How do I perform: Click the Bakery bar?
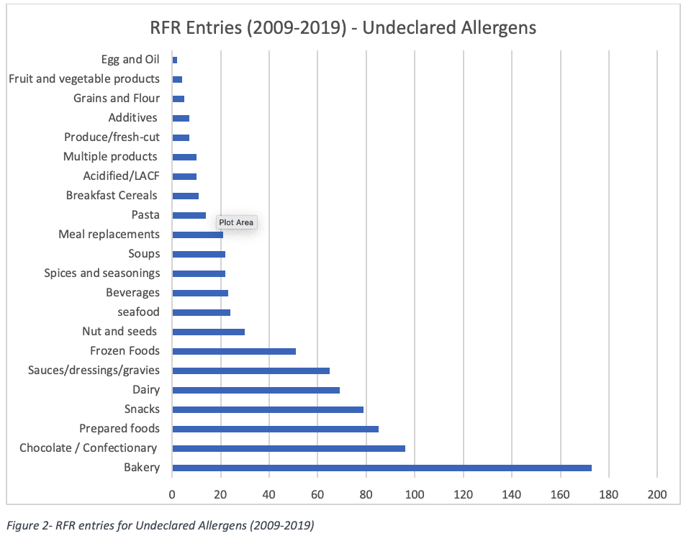coord(382,468)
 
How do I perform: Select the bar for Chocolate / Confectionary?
coord(289,448)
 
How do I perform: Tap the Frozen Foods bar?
coord(234,351)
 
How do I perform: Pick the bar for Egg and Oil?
coord(175,60)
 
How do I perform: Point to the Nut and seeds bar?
coord(209,332)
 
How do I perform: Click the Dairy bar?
coord(256,390)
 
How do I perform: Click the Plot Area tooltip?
coord(236,223)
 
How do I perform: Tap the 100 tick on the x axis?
coord(415,494)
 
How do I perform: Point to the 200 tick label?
coord(657,494)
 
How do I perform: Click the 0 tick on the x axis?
coord(173,494)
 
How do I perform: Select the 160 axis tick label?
coord(560,494)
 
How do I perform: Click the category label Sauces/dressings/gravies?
coord(94,371)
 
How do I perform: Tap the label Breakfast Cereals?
coord(112,196)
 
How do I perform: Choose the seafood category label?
coord(138,312)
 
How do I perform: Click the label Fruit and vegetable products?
coord(84,79)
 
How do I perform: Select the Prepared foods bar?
coord(275,429)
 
